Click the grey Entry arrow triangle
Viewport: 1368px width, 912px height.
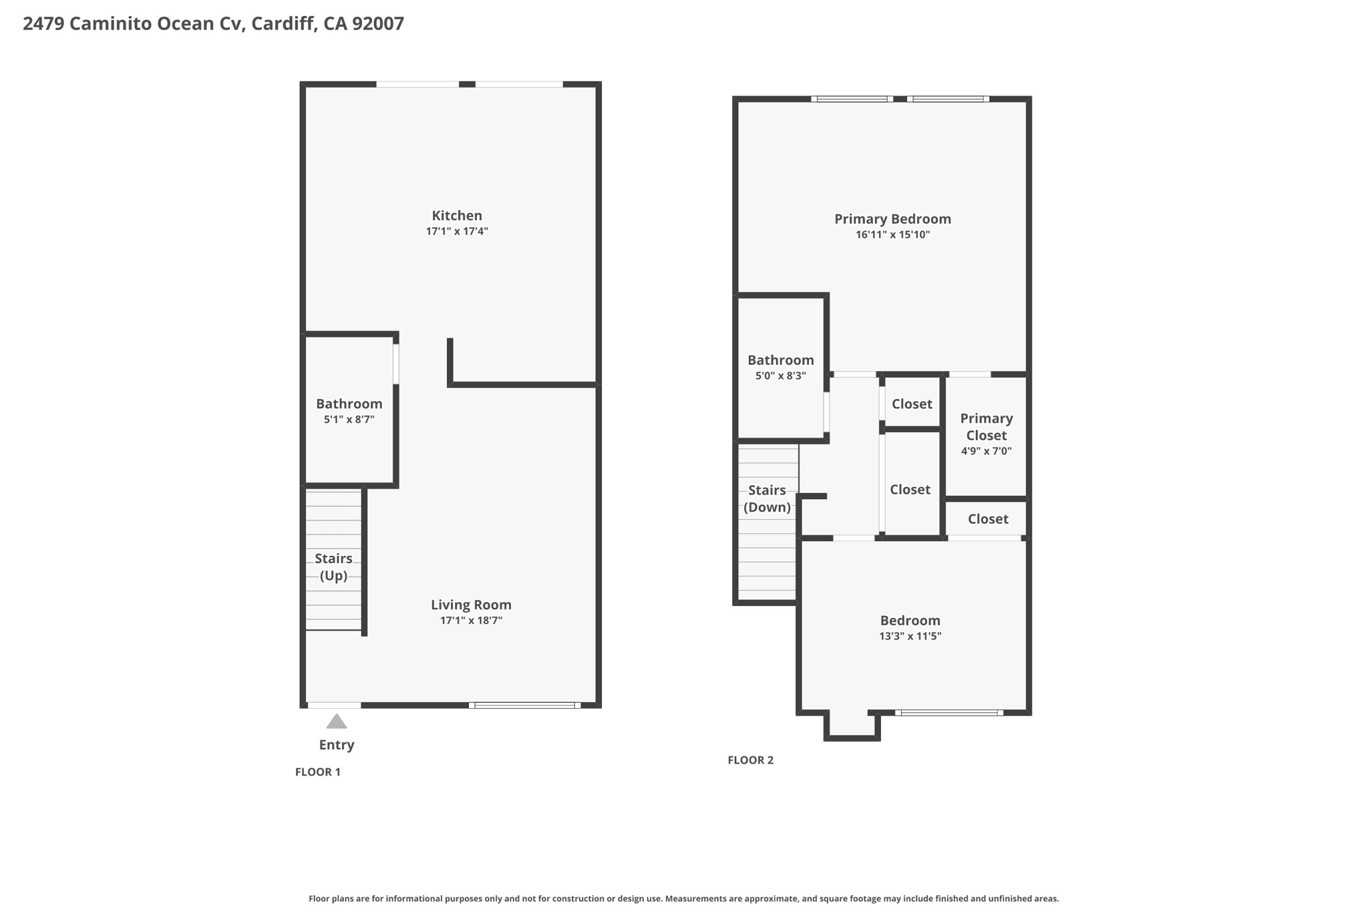tap(337, 722)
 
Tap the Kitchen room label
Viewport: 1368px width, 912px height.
tap(457, 216)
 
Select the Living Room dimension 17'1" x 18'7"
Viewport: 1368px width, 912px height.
tap(471, 621)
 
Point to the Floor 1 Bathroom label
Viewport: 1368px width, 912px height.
tap(349, 404)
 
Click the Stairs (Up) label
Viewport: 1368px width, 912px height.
tap(333, 567)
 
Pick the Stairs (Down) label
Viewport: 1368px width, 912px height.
tap(767, 498)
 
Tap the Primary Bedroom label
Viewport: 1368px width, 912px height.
tap(892, 219)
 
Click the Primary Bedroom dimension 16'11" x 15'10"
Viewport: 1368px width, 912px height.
tap(892, 235)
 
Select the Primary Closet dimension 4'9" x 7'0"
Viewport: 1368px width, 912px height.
tap(987, 451)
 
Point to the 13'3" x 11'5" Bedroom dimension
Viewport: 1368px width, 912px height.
tap(910, 636)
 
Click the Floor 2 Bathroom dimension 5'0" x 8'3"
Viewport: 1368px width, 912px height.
tap(780, 376)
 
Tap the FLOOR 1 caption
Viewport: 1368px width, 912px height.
tap(318, 772)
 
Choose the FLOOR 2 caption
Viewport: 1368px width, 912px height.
tap(750, 760)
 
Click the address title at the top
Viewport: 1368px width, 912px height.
tap(213, 24)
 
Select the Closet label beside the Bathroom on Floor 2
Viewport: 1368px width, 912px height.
tap(912, 404)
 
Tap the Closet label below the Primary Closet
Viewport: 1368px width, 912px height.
tap(988, 519)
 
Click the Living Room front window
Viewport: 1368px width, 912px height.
tap(524, 706)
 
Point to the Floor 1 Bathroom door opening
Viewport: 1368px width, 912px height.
tap(395, 363)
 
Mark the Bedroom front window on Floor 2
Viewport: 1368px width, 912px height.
tap(949, 713)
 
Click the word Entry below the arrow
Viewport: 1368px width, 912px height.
tap(337, 745)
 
